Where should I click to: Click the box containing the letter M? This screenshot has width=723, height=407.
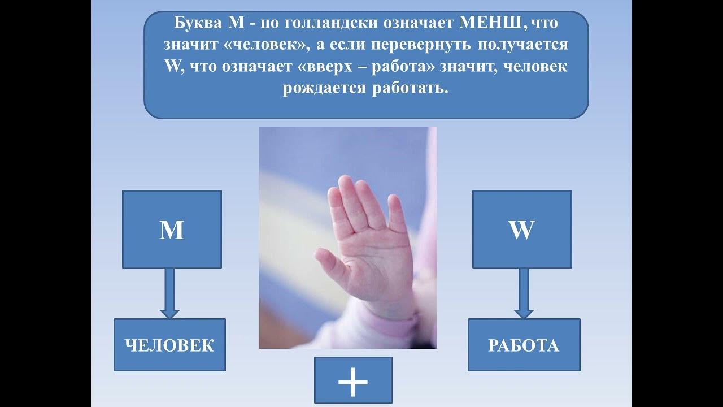click(172, 229)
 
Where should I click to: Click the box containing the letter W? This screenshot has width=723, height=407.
click(522, 229)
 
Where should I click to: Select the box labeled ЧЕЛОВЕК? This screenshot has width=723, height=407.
click(169, 345)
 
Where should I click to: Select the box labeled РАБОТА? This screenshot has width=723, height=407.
click(524, 345)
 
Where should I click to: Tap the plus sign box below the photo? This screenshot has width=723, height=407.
click(353, 382)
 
